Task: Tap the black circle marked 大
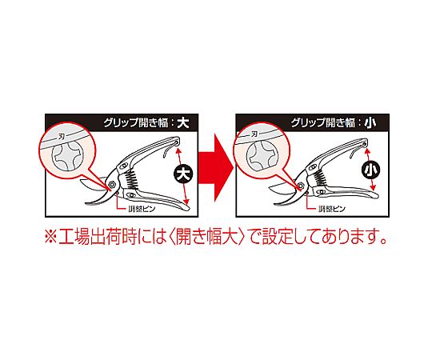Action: [x=183, y=174]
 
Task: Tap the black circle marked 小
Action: [x=370, y=170]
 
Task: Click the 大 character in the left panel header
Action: [x=183, y=122]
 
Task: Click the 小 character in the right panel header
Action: [x=370, y=122]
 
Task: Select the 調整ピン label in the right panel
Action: [x=332, y=209]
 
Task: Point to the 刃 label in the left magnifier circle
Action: [x=62, y=137]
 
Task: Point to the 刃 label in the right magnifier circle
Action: [x=254, y=134]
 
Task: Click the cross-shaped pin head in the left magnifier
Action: [x=67, y=158]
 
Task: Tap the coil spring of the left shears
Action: [x=131, y=179]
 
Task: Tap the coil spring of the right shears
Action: [x=322, y=178]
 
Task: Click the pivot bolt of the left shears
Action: [x=112, y=185]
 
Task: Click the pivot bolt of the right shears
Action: [x=300, y=186]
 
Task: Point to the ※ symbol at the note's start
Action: [x=51, y=237]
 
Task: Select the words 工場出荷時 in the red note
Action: [x=98, y=237]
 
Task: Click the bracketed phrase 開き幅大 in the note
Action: [x=206, y=237]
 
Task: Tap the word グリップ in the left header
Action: [x=121, y=123]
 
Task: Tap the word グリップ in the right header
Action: [x=308, y=123]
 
